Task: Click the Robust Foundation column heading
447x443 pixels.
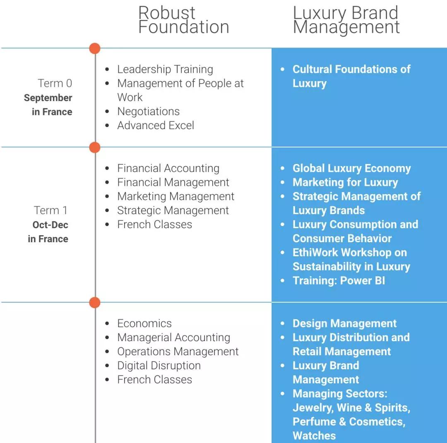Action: [183, 19]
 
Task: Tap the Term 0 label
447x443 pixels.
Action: [55, 83]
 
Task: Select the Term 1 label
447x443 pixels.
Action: [50, 210]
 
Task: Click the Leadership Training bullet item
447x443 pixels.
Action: [165, 69]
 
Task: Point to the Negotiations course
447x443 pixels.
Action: [148, 111]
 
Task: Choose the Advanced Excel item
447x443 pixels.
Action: [155, 125]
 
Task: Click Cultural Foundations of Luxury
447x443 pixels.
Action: [351, 76]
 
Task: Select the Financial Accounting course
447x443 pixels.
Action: [168, 168]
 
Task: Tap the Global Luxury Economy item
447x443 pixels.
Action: [351, 168]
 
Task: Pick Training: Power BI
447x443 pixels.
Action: [339, 280]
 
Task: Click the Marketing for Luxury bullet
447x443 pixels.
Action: [345, 182]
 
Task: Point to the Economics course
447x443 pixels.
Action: [144, 323]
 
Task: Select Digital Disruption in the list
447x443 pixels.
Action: [159, 366]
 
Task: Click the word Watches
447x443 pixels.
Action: [314, 436]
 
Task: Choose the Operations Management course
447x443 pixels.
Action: [178, 352]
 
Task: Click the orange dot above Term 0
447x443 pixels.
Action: [95, 48]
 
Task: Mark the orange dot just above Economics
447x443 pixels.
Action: [95, 303]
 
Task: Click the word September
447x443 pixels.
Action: [48, 98]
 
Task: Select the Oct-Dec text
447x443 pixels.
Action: [50, 225]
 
